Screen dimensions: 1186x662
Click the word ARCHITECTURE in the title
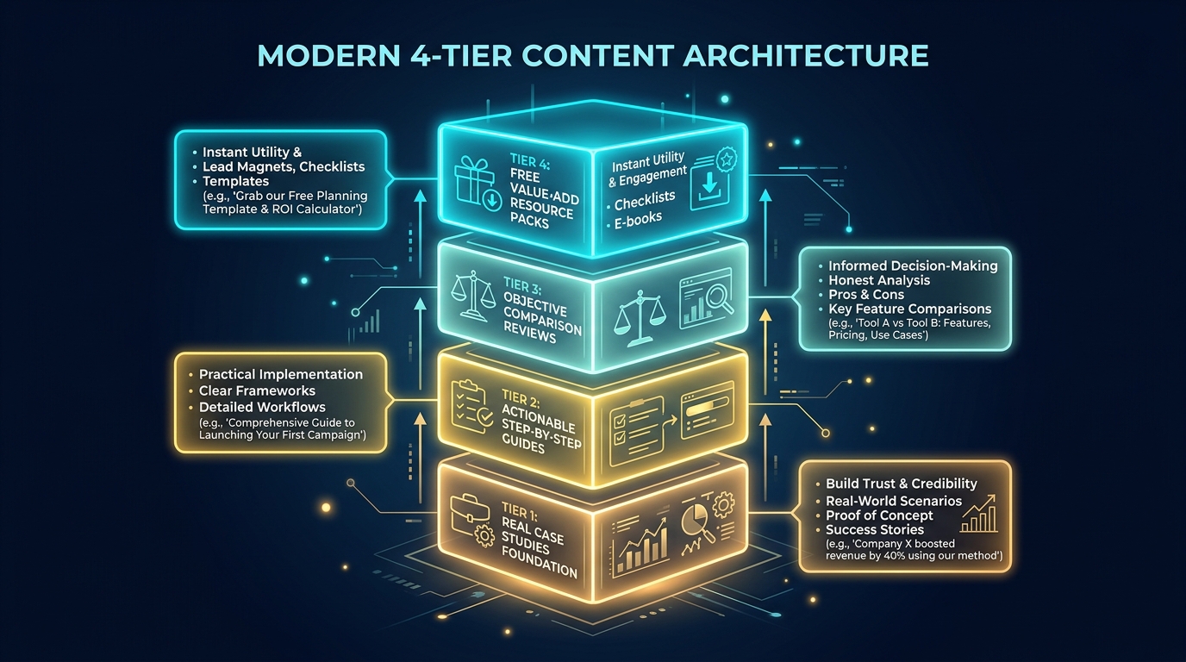(805, 56)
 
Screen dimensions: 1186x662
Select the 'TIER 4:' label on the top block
(530, 161)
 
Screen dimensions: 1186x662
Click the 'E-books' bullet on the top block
(638, 219)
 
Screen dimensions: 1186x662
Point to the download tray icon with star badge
(711, 179)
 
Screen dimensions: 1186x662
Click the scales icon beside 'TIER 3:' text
(471, 296)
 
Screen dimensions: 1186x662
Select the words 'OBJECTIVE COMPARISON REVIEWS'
(540, 317)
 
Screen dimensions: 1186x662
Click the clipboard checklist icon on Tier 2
(471, 406)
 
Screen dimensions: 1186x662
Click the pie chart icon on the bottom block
(695, 519)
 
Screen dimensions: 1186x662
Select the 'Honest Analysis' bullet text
(879, 280)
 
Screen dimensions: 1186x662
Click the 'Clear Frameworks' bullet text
(257, 390)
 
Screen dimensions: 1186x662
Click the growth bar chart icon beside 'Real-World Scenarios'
(979, 514)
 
